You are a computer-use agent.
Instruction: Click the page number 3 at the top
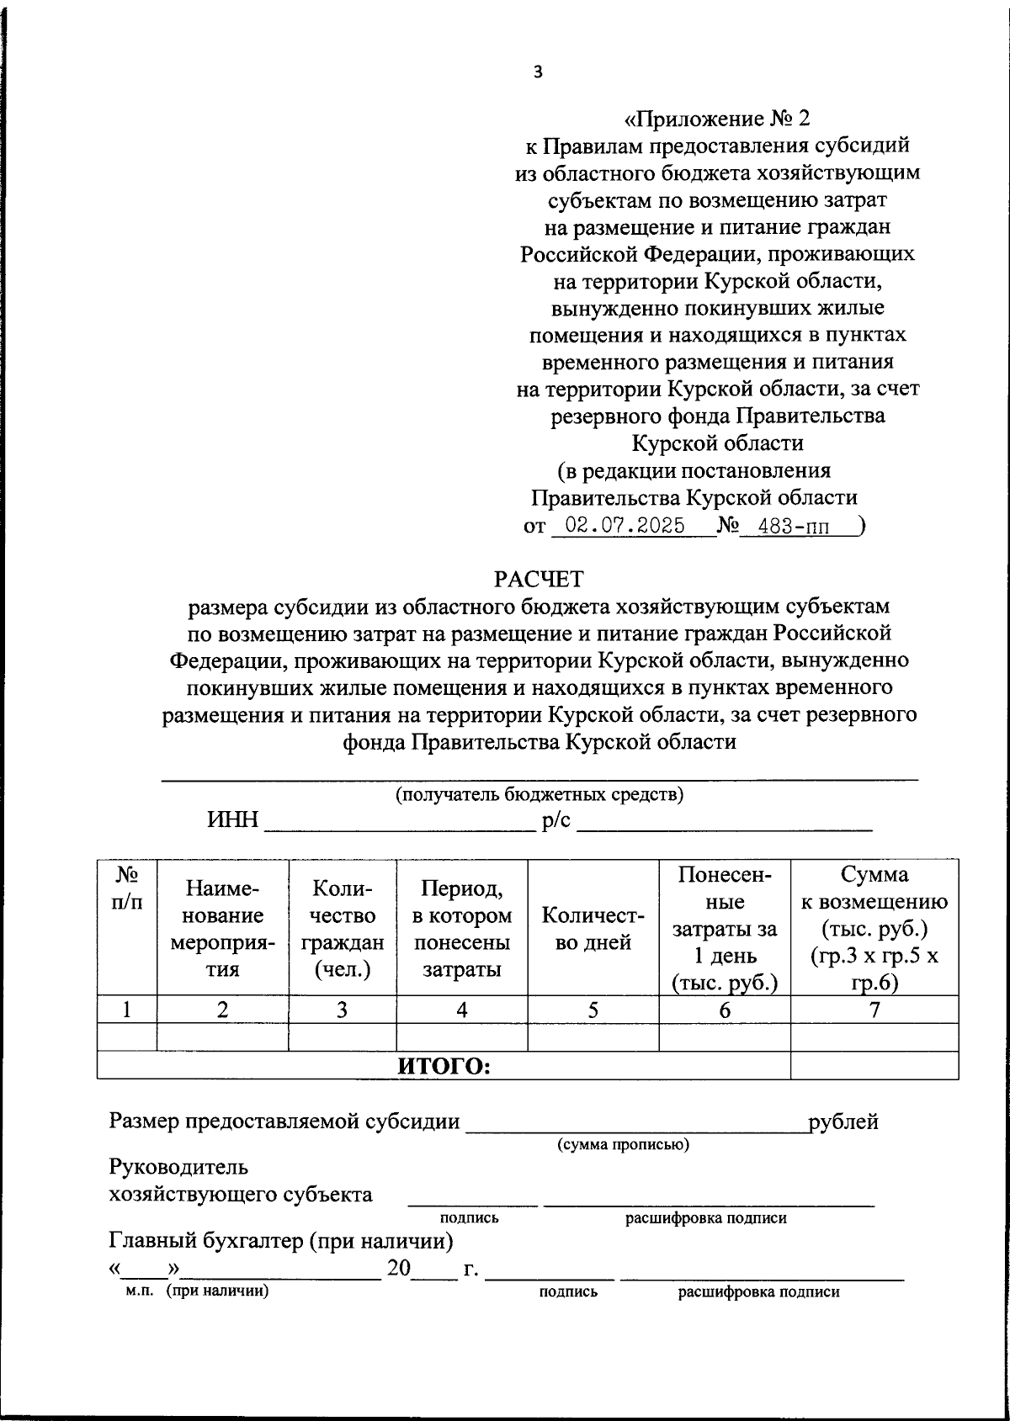tap(539, 72)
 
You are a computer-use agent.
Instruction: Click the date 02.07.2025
tap(625, 526)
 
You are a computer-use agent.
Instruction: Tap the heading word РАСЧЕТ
tap(539, 579)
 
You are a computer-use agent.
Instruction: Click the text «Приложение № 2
tap(718, 118)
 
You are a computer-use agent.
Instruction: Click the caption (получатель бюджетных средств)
tap(540, 794)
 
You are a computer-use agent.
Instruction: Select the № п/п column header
tap(126, 888)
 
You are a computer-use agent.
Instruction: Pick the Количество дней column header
tap(593, 928)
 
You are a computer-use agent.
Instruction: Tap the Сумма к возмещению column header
tap(874, 928)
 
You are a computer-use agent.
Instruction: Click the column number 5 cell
tap(593, 1010)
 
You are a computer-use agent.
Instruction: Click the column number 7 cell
tap(874, 1010)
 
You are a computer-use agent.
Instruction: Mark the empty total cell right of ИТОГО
tap(874, 1066)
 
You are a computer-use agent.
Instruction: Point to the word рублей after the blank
tap(843, 1121)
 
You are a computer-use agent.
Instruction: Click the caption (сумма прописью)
tap(624, 1144)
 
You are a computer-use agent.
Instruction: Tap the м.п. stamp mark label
tap(136, 1291)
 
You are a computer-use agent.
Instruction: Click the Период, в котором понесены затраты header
tap(462, 928)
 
